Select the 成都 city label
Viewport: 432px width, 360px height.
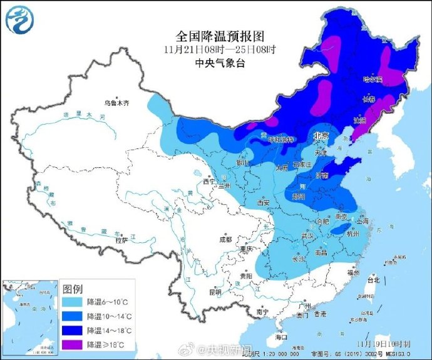[225, 240]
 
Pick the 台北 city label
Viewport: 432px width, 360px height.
[374, 280]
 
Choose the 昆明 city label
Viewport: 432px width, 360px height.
[215, 292]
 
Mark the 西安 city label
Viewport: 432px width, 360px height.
[263, 203]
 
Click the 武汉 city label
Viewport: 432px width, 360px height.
[307, 235]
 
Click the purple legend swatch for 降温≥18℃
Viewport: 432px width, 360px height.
[73, 343]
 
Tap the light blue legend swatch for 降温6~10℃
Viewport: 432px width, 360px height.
[73, 302]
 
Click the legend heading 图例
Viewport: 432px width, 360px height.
[73, 288]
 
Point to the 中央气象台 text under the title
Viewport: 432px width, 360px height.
[213, 63]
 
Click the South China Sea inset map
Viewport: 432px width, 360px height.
[29, 317]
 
